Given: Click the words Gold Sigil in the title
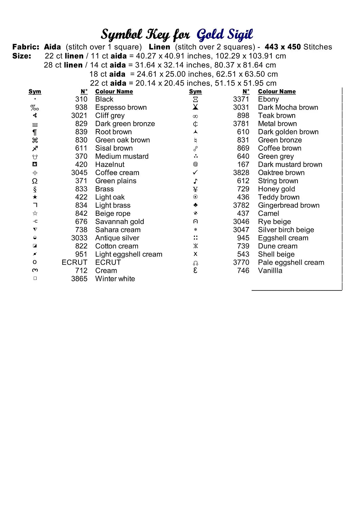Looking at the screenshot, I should [225, 35].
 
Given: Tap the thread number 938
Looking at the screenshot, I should [81, 108].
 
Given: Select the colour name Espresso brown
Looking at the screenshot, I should [121, 108].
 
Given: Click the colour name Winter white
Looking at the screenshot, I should [115, 279].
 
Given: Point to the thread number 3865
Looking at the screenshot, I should [79, 279].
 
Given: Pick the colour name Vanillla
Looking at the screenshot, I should [270, 271].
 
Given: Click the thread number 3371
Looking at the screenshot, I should [241, 99].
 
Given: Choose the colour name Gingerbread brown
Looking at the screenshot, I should [289, 206].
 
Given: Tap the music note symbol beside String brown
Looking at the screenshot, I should [195, 181].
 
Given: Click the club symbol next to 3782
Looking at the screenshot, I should [195, 205].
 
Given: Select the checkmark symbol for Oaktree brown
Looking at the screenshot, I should [195, 173].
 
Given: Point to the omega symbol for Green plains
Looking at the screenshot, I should [35, 181].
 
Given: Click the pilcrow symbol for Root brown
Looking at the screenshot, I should [35, 132].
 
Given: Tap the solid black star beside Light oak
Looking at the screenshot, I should [35, 197].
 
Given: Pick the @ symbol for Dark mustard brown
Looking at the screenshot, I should [195, 165].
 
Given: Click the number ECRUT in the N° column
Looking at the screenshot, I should [74, 263].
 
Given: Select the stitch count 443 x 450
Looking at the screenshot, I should [283, 47].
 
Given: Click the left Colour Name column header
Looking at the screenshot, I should [114, 92].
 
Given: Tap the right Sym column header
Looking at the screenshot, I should [195, 92].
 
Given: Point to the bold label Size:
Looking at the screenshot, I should [22, 56].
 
